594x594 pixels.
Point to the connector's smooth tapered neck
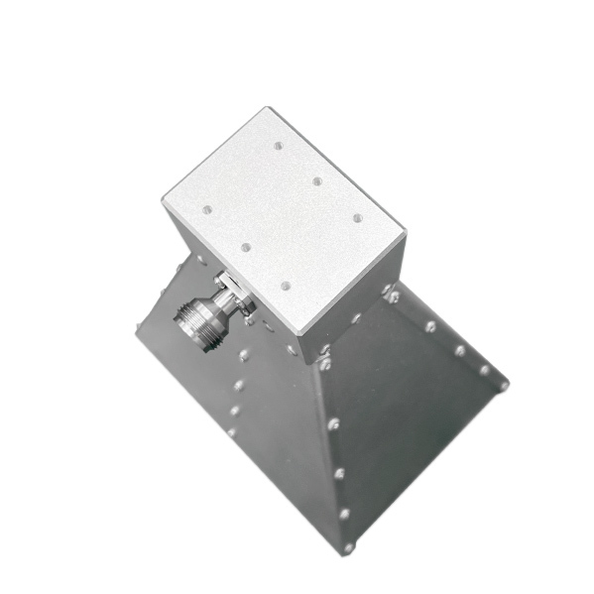click(x=214, y=305)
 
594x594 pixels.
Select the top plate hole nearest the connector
click(x=245, y=247)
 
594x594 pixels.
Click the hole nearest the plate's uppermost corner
click(x=279, y=146)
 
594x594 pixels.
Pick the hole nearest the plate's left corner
click(x=206, y=209)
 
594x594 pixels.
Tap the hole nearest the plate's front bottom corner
click(x=286, y=286)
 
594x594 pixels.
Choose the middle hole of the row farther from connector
click(x=317, y=181)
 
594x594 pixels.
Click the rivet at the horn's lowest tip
click(x=348, y=546)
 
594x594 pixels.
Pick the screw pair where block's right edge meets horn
click(x=391, y=294)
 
